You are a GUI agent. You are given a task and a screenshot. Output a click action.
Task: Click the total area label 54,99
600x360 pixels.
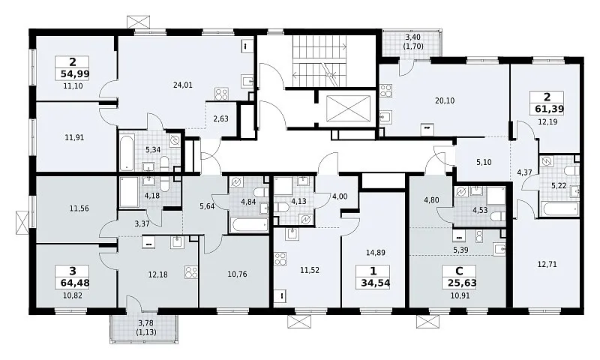tap(75, 74)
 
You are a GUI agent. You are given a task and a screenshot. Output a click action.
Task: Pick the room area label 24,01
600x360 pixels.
tap(183, 85)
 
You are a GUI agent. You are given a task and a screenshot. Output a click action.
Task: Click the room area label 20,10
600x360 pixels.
tap(445, 100)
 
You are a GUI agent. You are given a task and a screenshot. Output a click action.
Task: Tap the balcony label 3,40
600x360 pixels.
tap(413, 37)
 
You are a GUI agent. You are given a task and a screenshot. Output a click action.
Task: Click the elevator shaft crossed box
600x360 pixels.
tap(348, 109)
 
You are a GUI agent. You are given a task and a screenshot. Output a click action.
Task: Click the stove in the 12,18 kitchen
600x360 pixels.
tap(191, 272)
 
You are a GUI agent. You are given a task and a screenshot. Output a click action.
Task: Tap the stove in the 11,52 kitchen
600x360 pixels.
tap(280, 258)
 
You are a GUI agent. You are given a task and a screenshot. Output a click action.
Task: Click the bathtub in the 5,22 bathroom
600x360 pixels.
tap(559, 209)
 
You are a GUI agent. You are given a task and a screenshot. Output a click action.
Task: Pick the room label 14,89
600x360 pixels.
tap(376, 253)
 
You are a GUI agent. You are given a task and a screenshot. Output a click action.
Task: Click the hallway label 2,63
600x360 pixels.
tap(220, 119)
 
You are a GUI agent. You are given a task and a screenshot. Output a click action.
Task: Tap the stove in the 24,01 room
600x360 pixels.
tap(221, 94)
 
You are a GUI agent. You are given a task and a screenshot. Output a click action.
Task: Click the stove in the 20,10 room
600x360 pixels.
tap(386, 91)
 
